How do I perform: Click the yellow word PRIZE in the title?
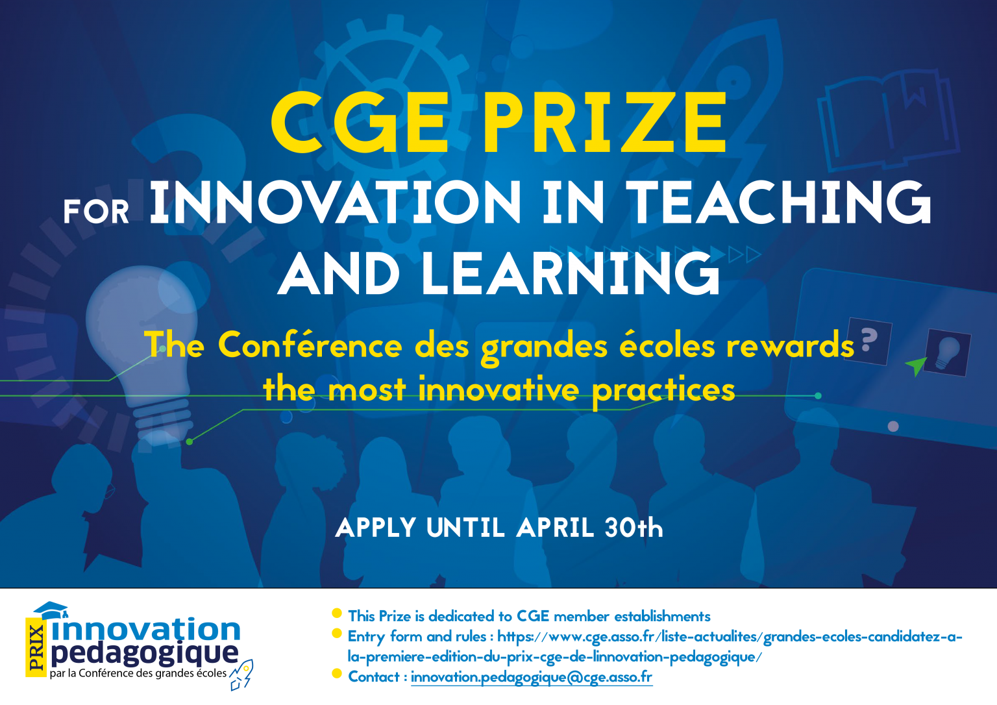[x=604, y=122]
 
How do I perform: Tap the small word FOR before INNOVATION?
[x=96, y=212]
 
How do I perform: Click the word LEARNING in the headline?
[x=571, y=273]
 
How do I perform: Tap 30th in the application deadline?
[x=634, y=528]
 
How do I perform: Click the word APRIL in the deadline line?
[x=556, y=528]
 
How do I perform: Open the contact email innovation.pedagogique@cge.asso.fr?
[x=532, y=677]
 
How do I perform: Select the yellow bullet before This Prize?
[x=337, y=613]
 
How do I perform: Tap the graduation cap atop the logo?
[x=51, y=610]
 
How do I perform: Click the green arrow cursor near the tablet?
[x=917, y=366]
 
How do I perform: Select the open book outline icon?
[x=889, y=121]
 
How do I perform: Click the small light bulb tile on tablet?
[x=948, y=352]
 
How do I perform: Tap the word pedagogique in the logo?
[x=145, y=654]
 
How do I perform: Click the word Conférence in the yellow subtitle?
[x=310, y=346]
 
